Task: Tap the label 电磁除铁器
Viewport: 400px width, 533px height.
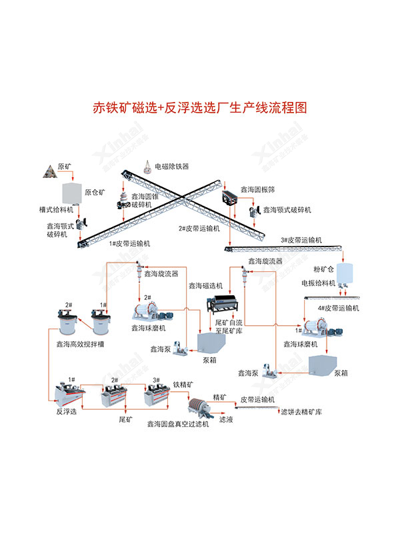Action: (172, 166)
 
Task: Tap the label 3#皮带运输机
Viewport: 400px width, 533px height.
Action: (301, 239)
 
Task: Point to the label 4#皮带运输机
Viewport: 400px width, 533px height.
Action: (338, 308)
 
